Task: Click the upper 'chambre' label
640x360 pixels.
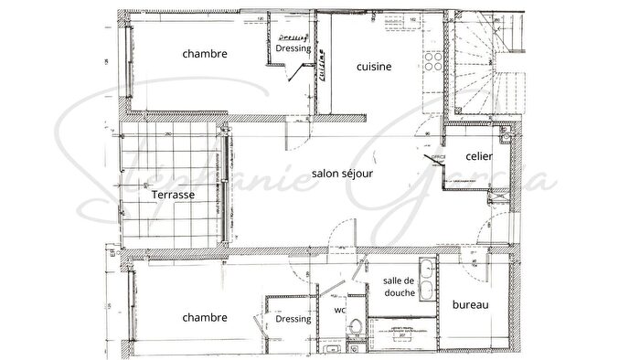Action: (205, 54)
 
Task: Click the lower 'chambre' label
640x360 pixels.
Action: (205, 318)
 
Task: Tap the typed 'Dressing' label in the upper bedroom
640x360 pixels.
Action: (293, 49)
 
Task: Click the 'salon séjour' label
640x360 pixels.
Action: (341, 174)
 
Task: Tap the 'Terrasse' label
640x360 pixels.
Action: (173, 195)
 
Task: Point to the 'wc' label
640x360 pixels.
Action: (340, 309)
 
